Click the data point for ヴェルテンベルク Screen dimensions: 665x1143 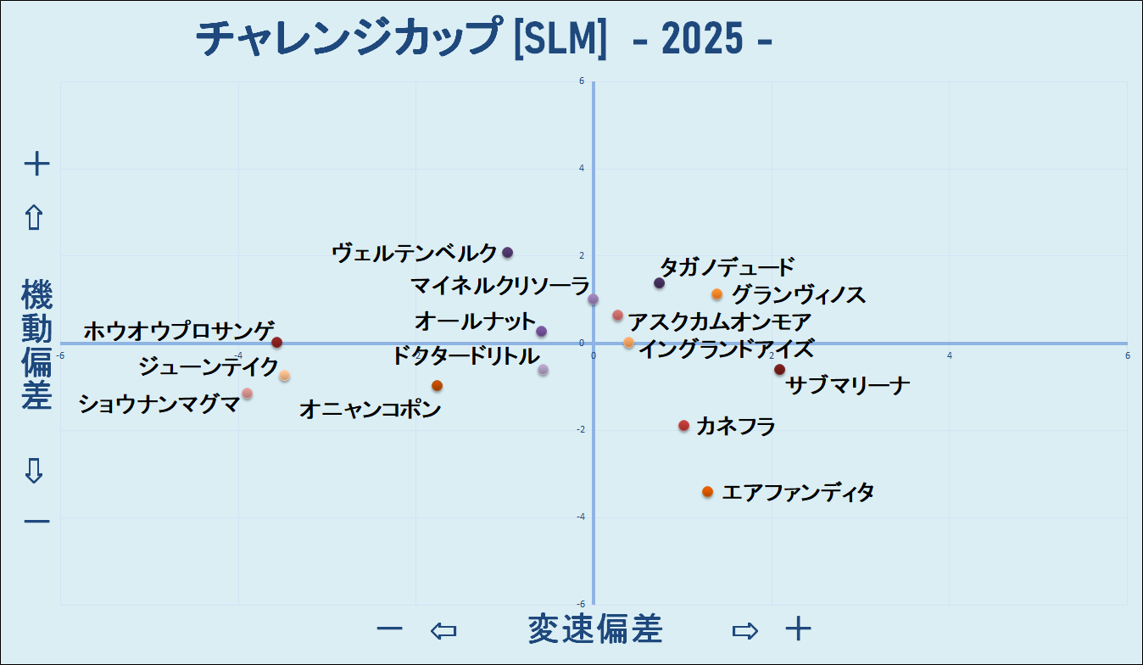pyautogui.click(x=507, y=253)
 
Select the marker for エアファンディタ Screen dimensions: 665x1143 pyautogui.click(x=707, y=492)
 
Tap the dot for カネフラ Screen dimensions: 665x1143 pyautogui.click(x=683, y=426)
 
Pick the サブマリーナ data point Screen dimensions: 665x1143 pyautogui.click(x=779, y=369)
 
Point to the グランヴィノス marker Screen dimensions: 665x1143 pyautogui.click(x=716, y=294)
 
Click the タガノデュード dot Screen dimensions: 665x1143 pyautogui.click(x=659, y=282)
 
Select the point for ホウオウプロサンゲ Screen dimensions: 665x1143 pyautogui.click(x=276, y=343)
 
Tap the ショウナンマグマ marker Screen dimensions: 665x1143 pyautogui.click(x=247, y=394)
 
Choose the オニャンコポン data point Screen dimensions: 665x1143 pyautogui.click(x=437, y=386)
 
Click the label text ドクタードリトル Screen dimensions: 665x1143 pyautogui.click(x=465, y=355)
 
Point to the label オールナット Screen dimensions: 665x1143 pyautogui.click(x=476, y=322)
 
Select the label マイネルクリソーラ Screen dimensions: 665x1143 pyautogui.click(x=499, y=284)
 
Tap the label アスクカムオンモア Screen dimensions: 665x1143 pyautogui.click(x=720, y=322)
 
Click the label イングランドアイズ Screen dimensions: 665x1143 pyautogui.click(x=726, y=349)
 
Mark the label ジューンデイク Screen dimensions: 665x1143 pyautogui.click(x=208, y=367)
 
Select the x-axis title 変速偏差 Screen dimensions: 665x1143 pyautogui.click(x=594, y=629)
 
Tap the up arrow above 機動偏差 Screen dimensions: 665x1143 pyautogui.click(x=34, y=218)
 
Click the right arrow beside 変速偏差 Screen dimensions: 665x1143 pyautogui.click(x=744, y=630)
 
